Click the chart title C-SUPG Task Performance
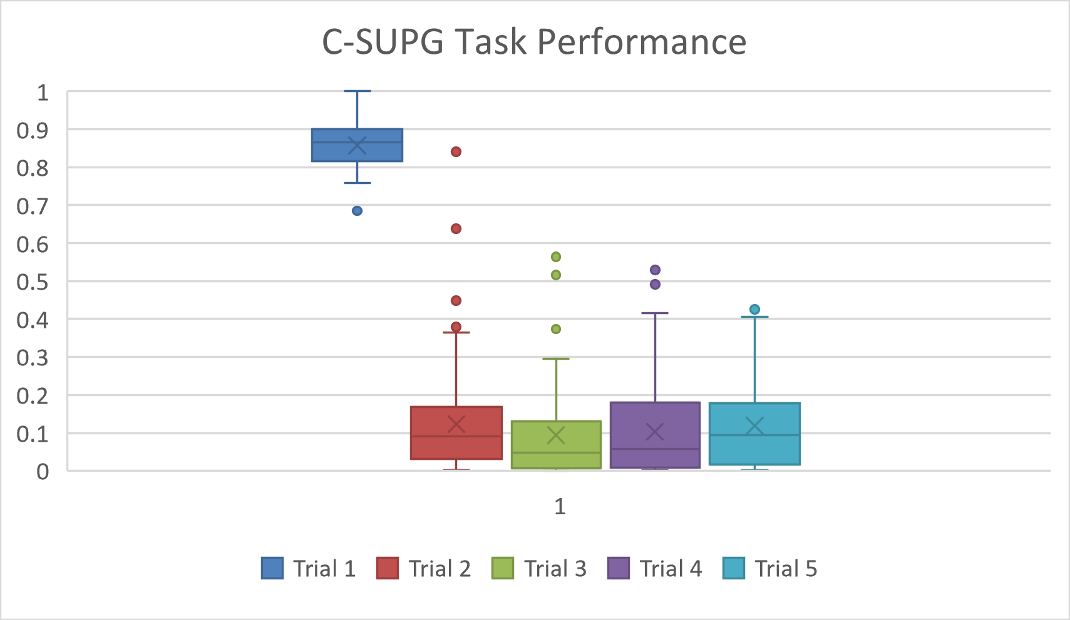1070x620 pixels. (534, 43)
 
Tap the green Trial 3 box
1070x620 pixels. (556, 454)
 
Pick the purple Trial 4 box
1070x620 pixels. (655, 419)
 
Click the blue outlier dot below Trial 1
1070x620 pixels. (357, 211)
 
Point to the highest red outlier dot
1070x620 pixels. (456, 151)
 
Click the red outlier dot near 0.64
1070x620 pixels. (456, 228)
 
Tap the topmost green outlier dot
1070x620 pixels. (555, 257)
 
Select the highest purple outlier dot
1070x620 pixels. (655, 270)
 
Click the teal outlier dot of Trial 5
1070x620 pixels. (754, 309)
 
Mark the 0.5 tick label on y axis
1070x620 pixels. (33, 282)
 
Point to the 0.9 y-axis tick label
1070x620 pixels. (33, 130)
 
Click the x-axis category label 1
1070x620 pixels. (560, 506)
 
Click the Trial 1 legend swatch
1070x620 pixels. (272, 568)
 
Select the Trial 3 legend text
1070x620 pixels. (555, 569)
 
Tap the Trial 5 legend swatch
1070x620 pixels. (733, 568)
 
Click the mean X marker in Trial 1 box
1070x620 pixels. (357, 145)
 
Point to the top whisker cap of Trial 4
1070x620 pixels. (655, 313)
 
